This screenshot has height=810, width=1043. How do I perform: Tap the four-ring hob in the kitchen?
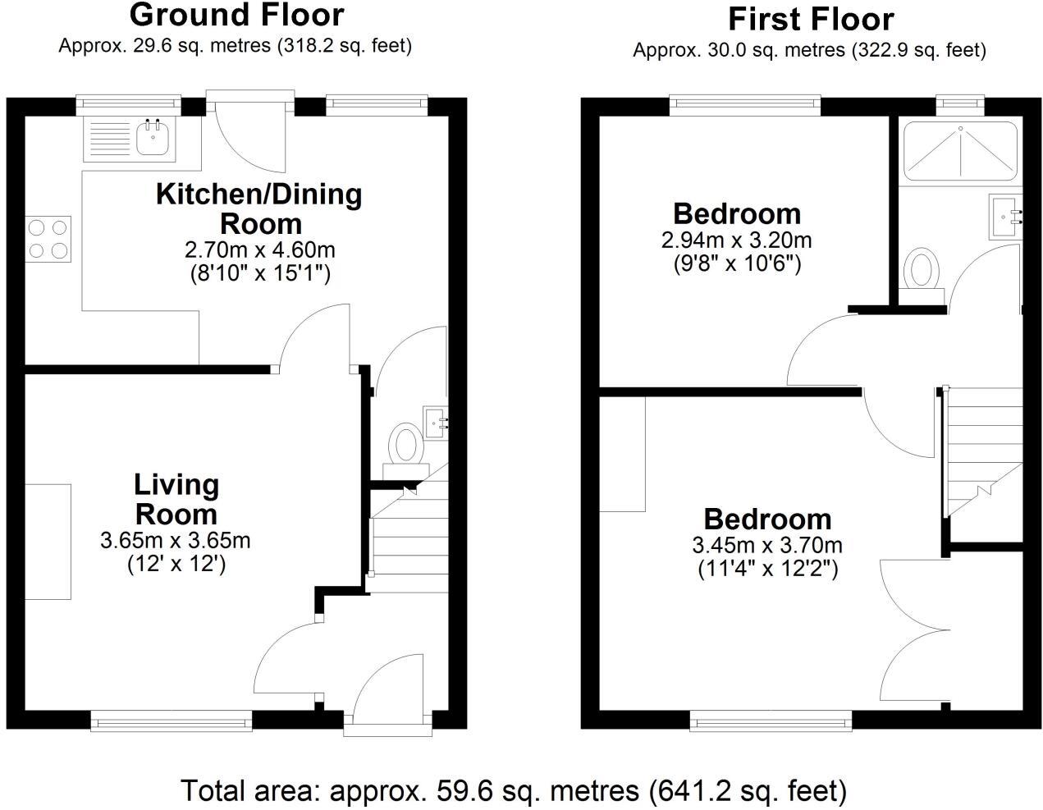point(48,239)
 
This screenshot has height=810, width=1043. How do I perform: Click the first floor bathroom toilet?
point(922,271)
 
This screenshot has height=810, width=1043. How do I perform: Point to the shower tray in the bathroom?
point(958,149)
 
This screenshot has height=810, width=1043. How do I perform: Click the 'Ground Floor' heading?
point(236,15)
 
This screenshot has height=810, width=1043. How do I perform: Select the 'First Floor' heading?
point(810,19)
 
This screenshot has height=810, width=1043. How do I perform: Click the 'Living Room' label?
point(176,499)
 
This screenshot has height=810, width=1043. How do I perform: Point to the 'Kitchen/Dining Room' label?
point(259,208)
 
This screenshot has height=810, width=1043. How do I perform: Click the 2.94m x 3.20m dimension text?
point(736,240)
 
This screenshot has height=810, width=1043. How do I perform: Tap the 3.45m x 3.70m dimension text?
point(767,545)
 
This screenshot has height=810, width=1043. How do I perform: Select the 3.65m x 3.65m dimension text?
point(176,541)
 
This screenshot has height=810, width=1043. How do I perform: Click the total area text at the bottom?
point(513,790)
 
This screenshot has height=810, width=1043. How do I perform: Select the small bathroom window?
point(959,103)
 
